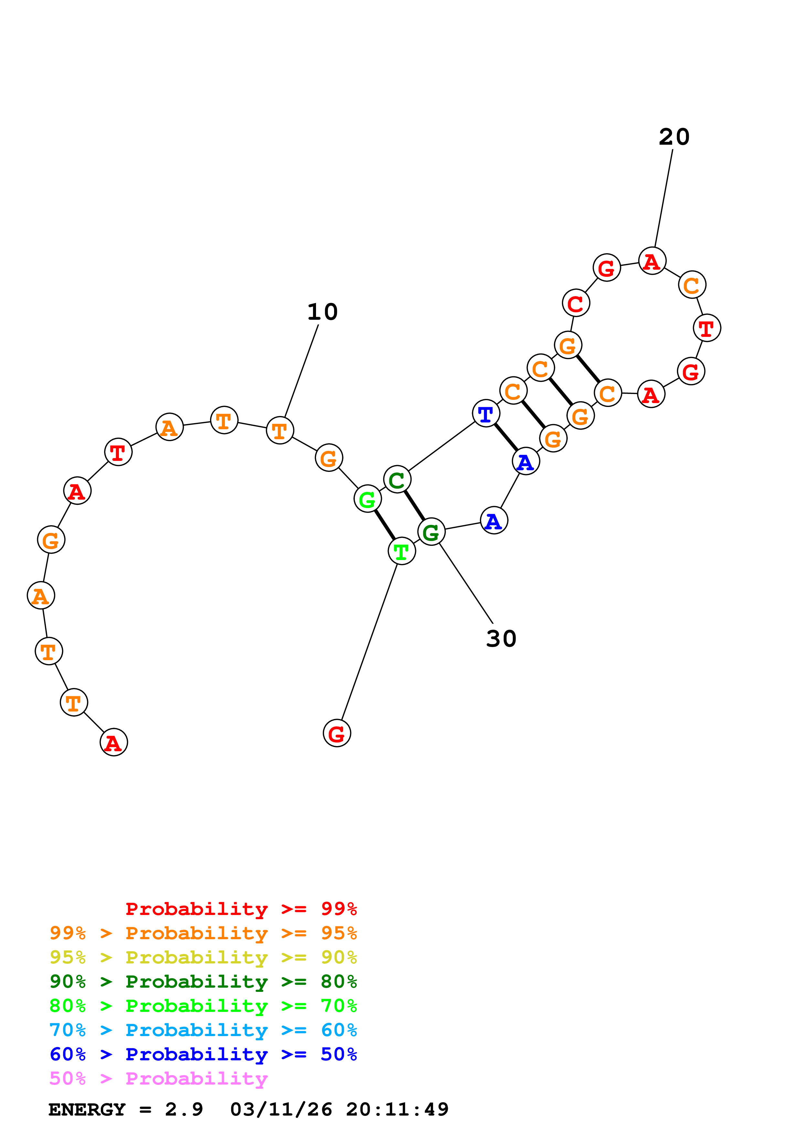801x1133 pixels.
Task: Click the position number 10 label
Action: pyautogui.click(x=322, y=312)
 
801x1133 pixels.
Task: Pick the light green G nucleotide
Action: pyautogui.click(x=368, y=499)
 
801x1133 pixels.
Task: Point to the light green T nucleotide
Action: pyautogui.click(x=402, y=551)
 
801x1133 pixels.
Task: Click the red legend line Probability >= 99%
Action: pyautogui.click(x=241, y=909)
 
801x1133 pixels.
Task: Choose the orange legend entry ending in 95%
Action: pyautogui.click(x=203, y=933)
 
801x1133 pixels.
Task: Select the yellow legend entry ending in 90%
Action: pyautogui.click(x=203, y=957)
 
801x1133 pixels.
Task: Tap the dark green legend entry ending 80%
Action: pyautogui.click(x=203, y=982)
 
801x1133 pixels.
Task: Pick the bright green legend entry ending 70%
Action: pyautogui.click(x=203, y=1006)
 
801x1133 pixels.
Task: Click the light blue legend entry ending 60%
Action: pyautogui.click(x=203, y=1030)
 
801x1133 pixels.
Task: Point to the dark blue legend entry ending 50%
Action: pyautogui.click(x=203, y=1054)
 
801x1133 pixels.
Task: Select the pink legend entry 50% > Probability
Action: pyautogui.click(x=158, y=1078)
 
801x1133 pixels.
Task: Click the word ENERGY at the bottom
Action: pyautogui.click(x=87, y=1109)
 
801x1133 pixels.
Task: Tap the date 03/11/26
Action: pyautogui.click(x=281, y=1109)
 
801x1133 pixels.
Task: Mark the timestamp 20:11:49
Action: pyautogui.click(x=397, y=1109)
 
